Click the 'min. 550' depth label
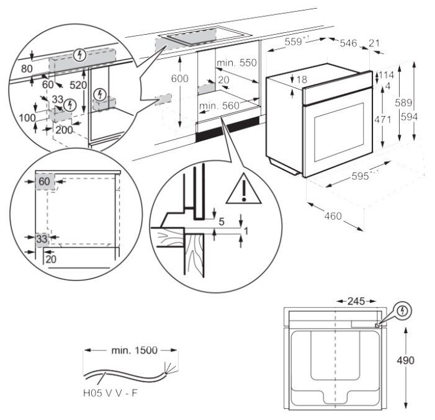click(x=236, y=63)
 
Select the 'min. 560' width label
click(x=219, y=106)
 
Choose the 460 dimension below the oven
click(x=333, y=217)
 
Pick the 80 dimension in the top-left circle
click(x=25, y=68)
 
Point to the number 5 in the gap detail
click(x=222, y=221)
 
